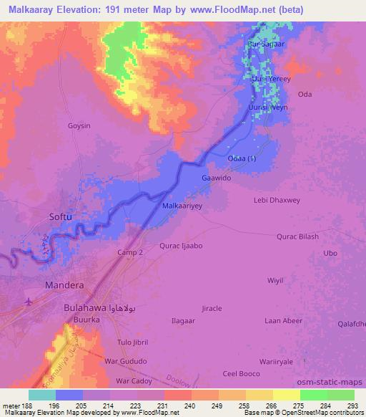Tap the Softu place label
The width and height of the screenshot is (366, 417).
tap(60, 216)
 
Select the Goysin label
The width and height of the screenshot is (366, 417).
tap(79, 125)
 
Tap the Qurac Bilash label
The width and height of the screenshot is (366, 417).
tap(297, 236)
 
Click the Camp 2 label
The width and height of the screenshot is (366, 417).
tap(130, 253)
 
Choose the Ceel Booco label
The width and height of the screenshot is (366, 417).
tap(240, 373)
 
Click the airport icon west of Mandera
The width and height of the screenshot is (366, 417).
tap(28, 301)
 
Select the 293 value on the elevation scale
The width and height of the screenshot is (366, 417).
tap(353, 405)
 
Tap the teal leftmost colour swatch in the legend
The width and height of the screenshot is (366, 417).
tap(42, 395)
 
